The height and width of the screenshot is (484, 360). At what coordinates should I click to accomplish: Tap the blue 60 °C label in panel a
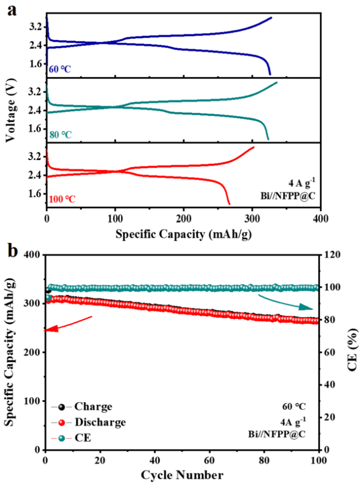60,70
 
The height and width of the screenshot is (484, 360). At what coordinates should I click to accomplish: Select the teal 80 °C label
61,135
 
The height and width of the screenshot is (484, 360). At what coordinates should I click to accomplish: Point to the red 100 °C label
63,199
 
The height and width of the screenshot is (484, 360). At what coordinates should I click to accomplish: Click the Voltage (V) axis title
11,110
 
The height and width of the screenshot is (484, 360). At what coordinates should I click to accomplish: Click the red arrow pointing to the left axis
68,323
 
